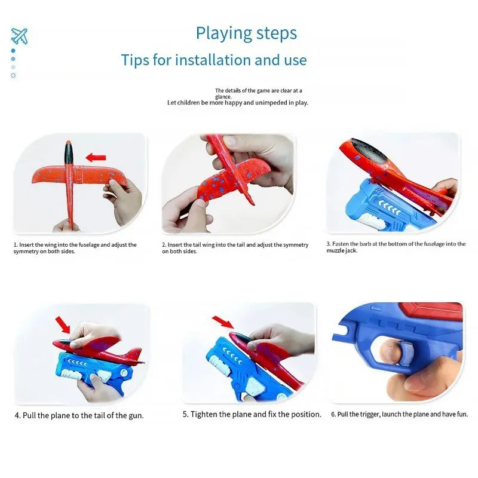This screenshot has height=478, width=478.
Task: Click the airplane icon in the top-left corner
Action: tap(19, 36)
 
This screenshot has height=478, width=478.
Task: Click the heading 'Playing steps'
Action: tap(246, 33)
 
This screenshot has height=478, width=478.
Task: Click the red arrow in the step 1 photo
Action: tap(96, 158)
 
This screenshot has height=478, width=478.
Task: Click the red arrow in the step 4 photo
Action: tap(62, 324)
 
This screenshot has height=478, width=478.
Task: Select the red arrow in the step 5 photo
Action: tap(222, 323)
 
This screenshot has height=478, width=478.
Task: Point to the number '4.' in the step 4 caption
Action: tap(18, 415)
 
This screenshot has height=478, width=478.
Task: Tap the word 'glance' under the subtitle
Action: tap(223, 97)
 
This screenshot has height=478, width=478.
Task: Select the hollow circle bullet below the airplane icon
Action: tap(13, 75)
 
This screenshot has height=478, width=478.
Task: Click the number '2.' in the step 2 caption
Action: tap(164, 245)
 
